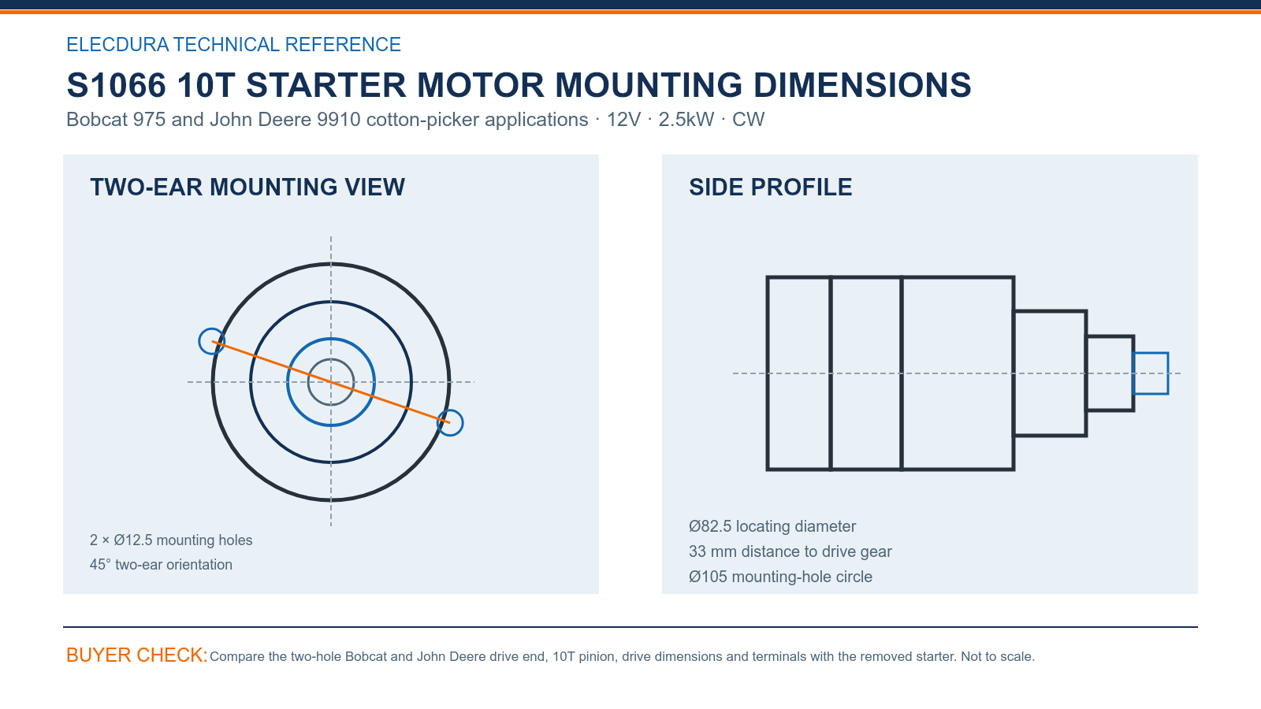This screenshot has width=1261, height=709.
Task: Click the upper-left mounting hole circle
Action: tap(199, 342)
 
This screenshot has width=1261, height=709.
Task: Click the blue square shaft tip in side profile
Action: tap(1151, 354)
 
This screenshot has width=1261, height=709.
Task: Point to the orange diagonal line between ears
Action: tap(331, 382)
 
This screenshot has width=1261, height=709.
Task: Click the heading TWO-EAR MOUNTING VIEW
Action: tap(247, 187)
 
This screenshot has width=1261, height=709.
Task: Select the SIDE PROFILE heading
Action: tap(770, 187)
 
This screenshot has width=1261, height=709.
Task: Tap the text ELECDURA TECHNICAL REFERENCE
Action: tap(233, 44)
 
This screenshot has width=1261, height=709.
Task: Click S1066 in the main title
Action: tap(117, 86)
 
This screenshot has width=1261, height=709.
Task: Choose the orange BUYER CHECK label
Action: tap(137, 655)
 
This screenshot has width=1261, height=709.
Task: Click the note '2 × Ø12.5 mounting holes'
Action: tap(171, 540)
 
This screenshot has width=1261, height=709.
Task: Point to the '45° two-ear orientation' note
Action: tap(161, 564)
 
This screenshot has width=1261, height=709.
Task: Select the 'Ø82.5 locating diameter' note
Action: tap(772, 526)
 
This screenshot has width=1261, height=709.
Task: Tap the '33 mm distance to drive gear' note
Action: tap(790, 551)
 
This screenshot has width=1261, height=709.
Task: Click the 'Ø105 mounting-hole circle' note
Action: tap(781, 577)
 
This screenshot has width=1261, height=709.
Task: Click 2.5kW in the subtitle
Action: tap(686, 119)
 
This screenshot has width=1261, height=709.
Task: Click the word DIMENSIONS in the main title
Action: tap(862, 86)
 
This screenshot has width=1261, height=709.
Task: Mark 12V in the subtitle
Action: tap(623, 119)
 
